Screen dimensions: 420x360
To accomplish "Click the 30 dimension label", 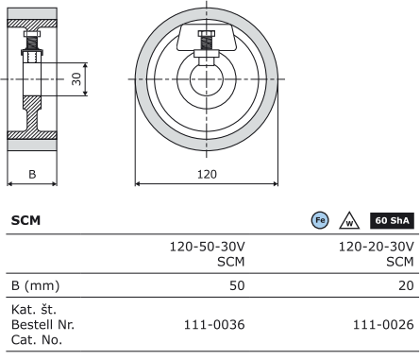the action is coord(76,78).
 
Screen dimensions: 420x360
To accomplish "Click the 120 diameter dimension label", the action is coord(207,174).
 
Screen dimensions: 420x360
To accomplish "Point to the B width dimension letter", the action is coord(32,174).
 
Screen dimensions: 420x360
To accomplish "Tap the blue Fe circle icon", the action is coord(320,220).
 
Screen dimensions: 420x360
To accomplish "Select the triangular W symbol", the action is coord(349,221).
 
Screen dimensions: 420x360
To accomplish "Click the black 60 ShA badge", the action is coord(392,220).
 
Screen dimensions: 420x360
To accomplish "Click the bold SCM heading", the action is coord(25,220).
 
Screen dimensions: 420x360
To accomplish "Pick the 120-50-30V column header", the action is coord(208,254).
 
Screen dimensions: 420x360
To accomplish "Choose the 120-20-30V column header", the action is coord(377,254).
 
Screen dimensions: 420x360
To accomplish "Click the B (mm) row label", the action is coord(35,285).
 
